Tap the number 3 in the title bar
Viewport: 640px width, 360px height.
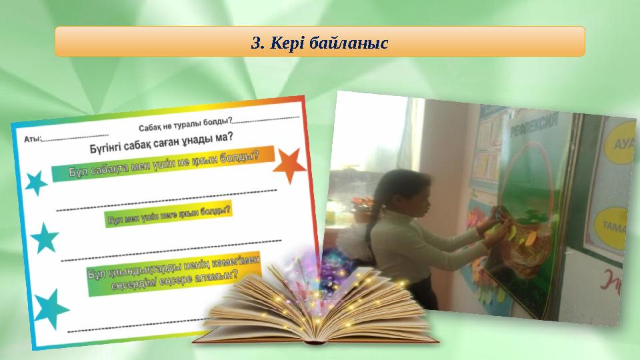(256, 43)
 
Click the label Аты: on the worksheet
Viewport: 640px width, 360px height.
(33, 139)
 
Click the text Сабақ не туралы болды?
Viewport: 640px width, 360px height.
(185, 125)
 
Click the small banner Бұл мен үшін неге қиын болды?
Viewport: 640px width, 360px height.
(168, 215)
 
